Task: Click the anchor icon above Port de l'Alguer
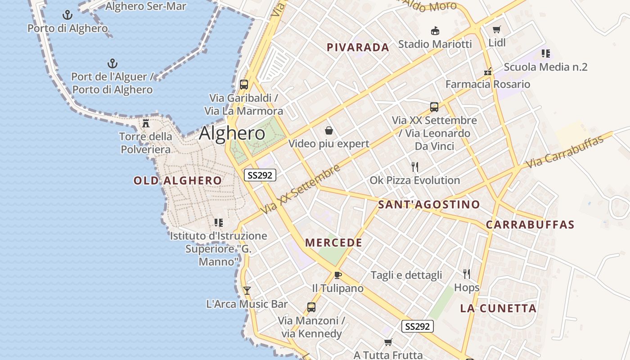pos(112,63)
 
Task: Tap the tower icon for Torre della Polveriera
pos(146,123)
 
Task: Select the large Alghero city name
pos(232,133)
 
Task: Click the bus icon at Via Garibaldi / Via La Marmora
pos(244,84)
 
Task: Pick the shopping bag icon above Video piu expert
pos(329,130)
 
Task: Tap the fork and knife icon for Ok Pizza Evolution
pos(415,167)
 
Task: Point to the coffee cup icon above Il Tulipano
pos(338,275)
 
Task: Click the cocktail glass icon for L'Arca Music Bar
pos(247,291)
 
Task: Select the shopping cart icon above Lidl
pos(497,30)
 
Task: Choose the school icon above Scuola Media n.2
pos(546,54)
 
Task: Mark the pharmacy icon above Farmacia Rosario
pos(488,71)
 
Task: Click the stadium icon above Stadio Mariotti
pos(435,31)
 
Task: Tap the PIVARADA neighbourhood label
pos(358,47)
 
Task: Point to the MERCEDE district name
pos(333,243)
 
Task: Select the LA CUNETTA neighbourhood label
pos(498,308)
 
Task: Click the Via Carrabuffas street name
pos(564,152)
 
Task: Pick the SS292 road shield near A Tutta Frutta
pos(417,327)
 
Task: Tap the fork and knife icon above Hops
pos(467,274)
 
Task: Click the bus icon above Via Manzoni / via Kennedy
pos(311,307)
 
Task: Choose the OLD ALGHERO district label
pos(177,181)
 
